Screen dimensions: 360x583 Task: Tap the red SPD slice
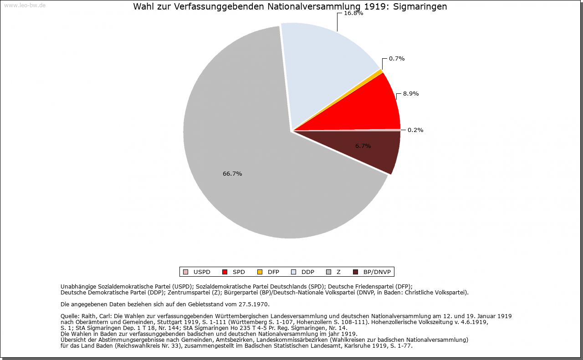pyautogui.click(x=373, y=109)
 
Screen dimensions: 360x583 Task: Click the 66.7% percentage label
pyautogui.click(x=232, y=174)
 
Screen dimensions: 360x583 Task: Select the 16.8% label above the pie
pyautogui.click(x=353, y=13)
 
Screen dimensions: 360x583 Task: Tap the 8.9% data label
pyautogui.click(x=411, y=94)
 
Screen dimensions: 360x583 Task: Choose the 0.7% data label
pyautogui.click(x=397, y=59)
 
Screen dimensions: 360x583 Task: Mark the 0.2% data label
pyautogui.click(x=415, y=130)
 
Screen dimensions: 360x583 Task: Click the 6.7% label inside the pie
pyautogui.click(x=363, y=146)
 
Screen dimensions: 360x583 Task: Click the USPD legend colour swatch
pyautogui.click(x=185, y=272)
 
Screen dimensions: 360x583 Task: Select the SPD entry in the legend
pyautogui.click(x=239, y=272)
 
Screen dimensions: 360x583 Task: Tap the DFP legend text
pyautogui.click(x=273, y=272)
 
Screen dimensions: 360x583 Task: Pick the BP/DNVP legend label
pyautogui.click(x=376, y=272)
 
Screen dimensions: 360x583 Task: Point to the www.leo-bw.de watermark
pyautogui.click(x=25, y=5)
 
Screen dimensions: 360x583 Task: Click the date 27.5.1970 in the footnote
pyautogui.click(x=254, y=304)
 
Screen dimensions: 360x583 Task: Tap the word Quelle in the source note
pyautogui.click(x=70, y=316)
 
